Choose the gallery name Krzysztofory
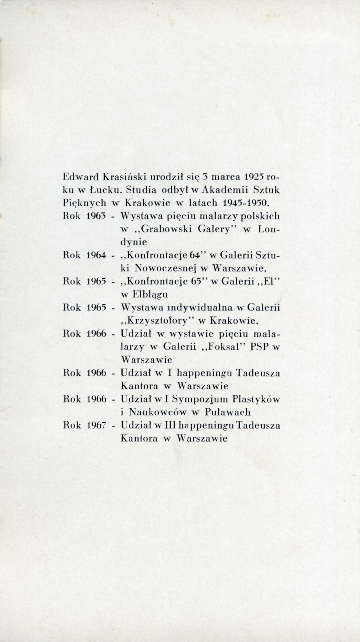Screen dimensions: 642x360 (x=159, y=321)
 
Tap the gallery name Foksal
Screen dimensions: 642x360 (x=222, y=347)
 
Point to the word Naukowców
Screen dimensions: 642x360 (x=158, y=412)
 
